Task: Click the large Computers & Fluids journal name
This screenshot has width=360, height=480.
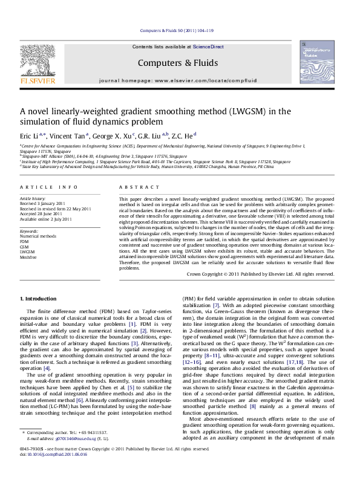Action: click(x=179, y=63)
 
